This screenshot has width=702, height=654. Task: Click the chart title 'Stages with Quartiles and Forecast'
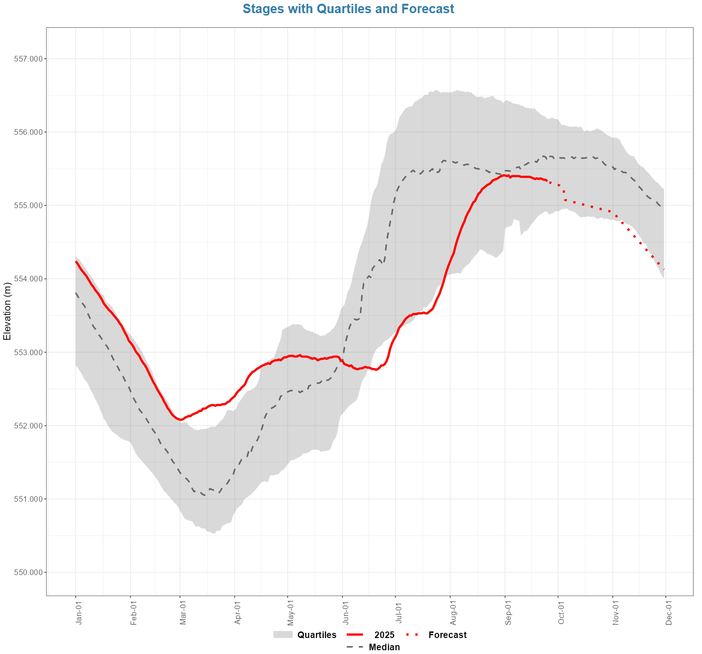[348, 9]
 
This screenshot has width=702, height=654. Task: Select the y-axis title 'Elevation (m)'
[7, 311]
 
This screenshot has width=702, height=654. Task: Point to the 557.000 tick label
[29, 59]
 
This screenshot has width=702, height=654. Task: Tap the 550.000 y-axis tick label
[29, 572]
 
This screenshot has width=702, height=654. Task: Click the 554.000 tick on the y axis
[29, 279]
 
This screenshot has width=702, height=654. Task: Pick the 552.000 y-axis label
[29, 426]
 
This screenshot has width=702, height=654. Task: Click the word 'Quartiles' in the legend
[317, 635]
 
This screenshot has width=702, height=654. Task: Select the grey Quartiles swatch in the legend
[283, 635]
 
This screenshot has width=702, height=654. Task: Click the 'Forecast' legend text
[447, 635]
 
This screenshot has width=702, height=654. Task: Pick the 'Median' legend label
[384, 647]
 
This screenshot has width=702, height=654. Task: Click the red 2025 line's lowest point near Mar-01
[181, 420]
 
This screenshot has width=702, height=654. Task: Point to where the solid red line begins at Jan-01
[76, 261]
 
